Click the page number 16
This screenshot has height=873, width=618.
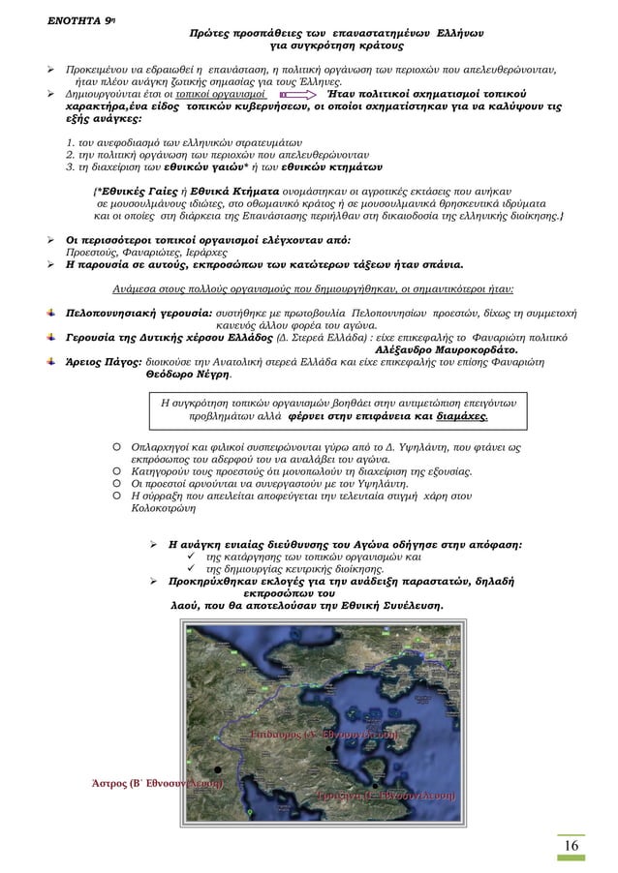(x=572, y=847)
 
